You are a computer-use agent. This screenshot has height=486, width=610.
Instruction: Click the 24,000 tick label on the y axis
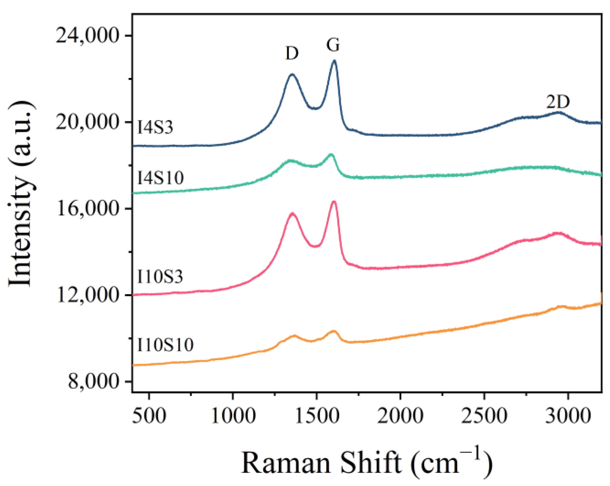pos(87,36)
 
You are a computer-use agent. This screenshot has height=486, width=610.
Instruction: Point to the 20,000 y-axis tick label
pos(87,122)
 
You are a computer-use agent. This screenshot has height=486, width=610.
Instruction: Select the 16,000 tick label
pos(87,209)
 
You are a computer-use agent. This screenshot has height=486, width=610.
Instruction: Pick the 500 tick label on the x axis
pos(149,415)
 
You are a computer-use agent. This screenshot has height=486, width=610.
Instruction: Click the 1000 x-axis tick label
pos(233,415)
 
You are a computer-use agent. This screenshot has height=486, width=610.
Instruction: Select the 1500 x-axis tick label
pos(317,415)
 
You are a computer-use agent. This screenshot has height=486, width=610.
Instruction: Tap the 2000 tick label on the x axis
pos(400,415)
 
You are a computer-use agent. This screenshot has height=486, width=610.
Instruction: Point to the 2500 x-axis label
pos(484,415)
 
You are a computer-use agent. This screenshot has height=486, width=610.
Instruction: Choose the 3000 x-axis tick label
pos(568,415)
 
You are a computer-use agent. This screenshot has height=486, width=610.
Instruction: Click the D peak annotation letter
pos(292,54)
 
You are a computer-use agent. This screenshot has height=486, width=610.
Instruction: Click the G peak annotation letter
pos(333,45)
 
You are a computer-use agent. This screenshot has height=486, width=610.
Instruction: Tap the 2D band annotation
pos(558,102)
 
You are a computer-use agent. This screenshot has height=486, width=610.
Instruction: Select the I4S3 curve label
pos(155,127)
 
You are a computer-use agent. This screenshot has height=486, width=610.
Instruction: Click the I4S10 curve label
pos(160,178)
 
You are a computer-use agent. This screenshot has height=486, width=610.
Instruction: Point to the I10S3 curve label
pos(160,277)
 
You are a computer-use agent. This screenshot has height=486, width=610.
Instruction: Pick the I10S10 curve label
pos(165,345)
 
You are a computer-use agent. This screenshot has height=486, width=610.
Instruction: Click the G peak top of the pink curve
pos(334,201)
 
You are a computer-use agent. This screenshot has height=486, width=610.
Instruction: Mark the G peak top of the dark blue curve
pos(334,61)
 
